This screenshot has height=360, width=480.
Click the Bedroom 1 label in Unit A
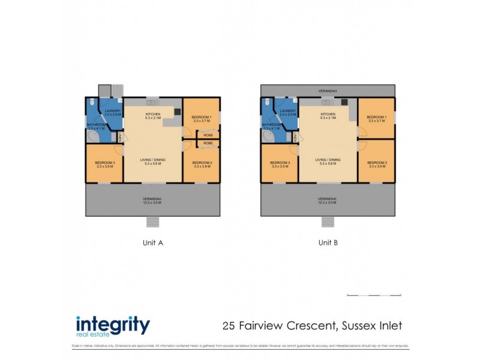[202, 116]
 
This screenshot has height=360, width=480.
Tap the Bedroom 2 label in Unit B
[376, 163]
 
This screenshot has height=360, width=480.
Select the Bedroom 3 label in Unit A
[104, 163]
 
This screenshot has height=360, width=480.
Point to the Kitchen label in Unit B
[328, 114]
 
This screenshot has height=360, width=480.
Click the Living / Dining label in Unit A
[153, 160]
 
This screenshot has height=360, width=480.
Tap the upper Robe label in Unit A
[208, 135]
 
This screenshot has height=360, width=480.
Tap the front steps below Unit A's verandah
[154, 221]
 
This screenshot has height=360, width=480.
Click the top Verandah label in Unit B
[328, 91]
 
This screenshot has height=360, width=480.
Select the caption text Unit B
[328, 243]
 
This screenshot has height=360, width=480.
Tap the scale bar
[373, 295]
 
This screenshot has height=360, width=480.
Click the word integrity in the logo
[113, 325]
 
